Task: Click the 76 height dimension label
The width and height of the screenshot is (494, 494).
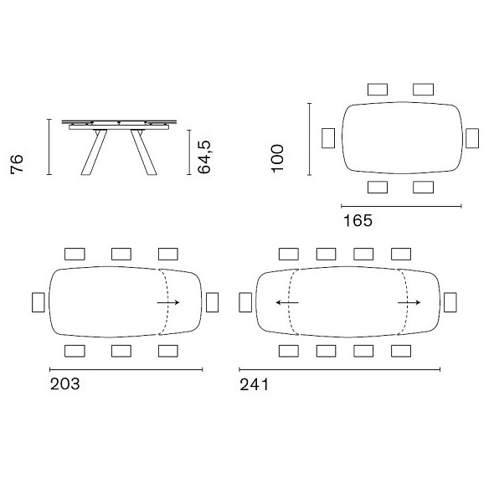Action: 17,163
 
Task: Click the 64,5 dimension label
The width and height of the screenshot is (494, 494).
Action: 204,157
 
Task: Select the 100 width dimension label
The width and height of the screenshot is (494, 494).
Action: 277,158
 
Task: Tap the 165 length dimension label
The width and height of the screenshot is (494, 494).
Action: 358,220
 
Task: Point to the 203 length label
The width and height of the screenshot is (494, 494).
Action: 65,383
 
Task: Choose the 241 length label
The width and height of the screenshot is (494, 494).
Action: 254,384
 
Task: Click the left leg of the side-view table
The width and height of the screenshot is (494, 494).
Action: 94,152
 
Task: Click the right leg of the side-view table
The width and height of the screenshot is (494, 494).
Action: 144,152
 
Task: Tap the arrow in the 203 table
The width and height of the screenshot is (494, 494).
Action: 168,303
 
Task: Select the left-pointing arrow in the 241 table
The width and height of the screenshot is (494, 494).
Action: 287,303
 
